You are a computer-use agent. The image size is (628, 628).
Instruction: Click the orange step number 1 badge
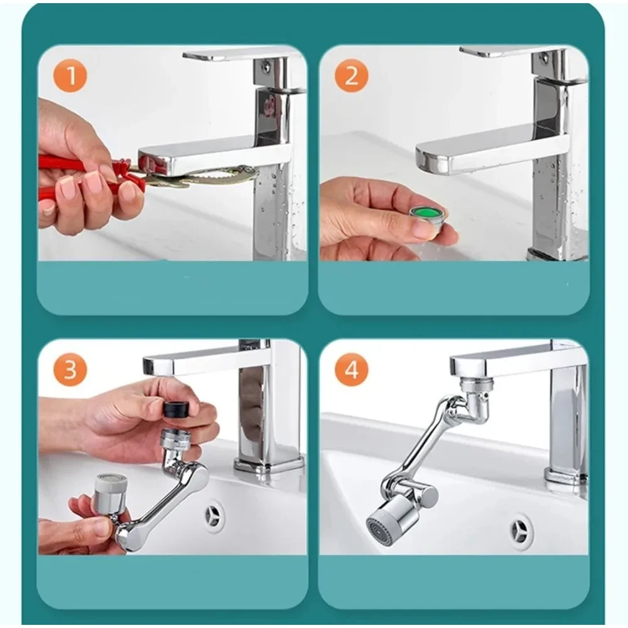pos(70,75)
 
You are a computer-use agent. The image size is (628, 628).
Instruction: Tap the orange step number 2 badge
pos(351,75)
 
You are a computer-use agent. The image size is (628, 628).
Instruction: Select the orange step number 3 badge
pos(70,369)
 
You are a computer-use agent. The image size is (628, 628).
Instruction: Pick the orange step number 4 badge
pos(351,369)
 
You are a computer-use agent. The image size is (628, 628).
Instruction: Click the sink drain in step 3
pos(214,516)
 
